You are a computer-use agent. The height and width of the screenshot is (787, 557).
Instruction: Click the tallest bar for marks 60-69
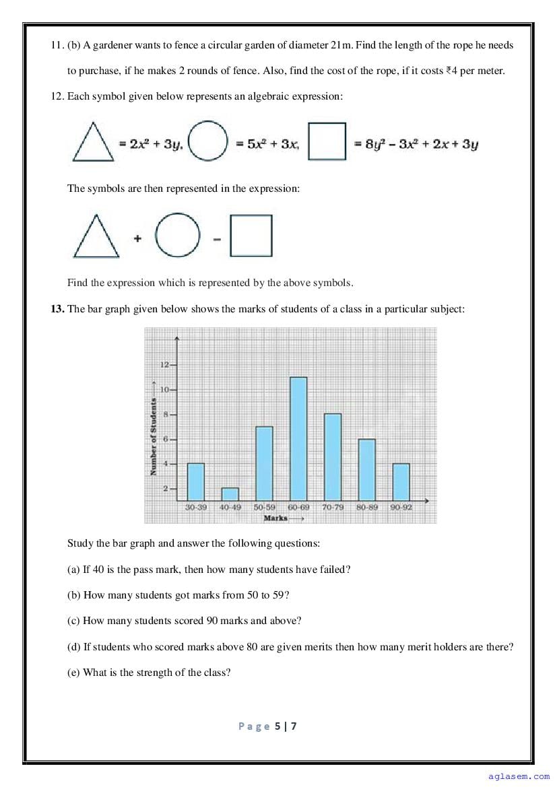point(298,439)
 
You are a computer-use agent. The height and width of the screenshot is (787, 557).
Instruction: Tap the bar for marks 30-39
point(195,481)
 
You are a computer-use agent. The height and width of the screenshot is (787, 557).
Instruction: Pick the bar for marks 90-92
point(401,481)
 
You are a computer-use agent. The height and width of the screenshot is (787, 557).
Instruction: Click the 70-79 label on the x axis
point(333,508)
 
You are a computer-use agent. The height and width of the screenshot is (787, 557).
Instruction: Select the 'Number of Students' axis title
point(154,437)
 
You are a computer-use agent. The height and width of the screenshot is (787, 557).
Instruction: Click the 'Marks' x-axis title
point(276,518)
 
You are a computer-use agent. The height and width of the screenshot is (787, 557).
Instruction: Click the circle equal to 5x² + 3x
point(208,141)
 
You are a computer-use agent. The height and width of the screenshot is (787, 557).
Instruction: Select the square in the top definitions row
point(327,141)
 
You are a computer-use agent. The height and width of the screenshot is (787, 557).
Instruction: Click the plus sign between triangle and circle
point(137,238)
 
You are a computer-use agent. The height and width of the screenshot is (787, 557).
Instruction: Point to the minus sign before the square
point(217,239)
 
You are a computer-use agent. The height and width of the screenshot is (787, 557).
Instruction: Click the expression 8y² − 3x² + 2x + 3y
point(422,144)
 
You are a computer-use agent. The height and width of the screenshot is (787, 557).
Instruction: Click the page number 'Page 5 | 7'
point(267,726)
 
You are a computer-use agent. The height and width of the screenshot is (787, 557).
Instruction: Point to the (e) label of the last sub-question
point(73,672)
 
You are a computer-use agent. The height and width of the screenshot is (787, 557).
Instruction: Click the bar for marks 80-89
point(367,469)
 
